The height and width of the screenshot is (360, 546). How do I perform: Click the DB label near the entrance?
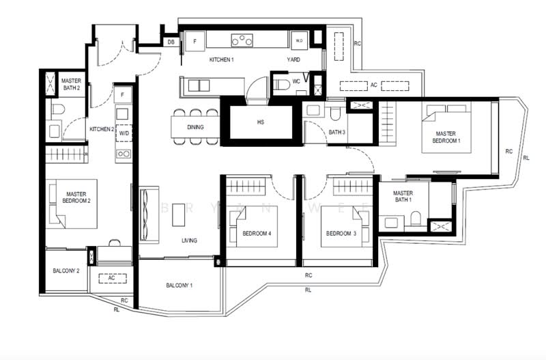pos(171,42)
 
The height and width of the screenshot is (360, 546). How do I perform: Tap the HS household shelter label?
pos(261,122)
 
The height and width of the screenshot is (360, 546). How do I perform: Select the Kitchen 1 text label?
pos(221,59)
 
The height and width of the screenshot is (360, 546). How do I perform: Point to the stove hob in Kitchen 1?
pos(242,40)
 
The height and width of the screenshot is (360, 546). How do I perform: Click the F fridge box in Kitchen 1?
pos(195,41)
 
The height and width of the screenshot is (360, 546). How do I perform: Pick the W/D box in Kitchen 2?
pos(124,133)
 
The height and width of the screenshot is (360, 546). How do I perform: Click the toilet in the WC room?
pos(282,84)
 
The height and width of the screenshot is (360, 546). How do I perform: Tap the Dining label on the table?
pos(195,127)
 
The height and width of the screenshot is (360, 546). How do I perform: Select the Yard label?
pos(293,59)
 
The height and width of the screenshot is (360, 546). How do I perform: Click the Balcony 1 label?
pos(179,286)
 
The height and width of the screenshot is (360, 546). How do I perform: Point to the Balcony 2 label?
pos(66,271)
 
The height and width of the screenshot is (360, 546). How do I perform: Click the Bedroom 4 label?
pos(257,234)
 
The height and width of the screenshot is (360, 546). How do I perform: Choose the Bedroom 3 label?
pos(341,234)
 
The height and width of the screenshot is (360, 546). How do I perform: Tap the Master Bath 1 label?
pos(403,196)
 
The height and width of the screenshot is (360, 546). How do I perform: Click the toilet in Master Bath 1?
pos(416,219)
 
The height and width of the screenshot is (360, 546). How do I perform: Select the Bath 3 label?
pos(336,133)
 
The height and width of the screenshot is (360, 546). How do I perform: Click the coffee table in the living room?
pos(178,214)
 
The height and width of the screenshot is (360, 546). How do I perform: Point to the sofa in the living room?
pos(149,215)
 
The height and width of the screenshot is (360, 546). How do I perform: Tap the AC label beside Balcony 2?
pos(111,278)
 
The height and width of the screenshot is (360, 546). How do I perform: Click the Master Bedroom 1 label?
pos(446,137)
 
